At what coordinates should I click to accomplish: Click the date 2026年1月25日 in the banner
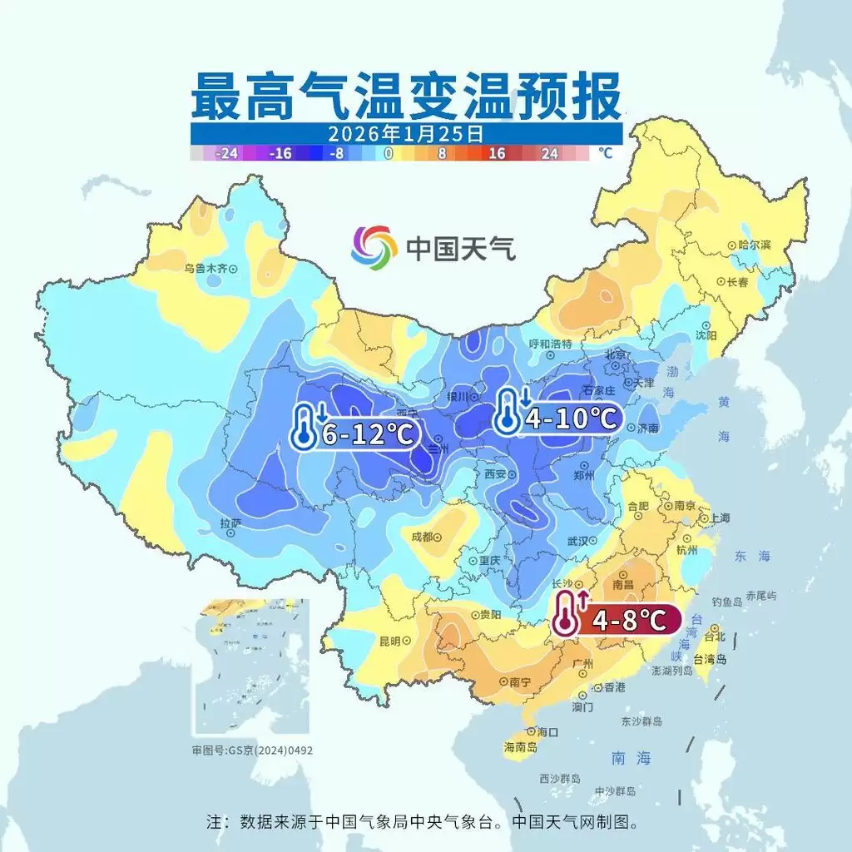point(405,133)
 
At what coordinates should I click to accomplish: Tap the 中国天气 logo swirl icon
point(374,247)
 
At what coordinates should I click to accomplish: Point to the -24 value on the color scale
point(227,154)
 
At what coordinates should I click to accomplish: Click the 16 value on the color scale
point(498,154)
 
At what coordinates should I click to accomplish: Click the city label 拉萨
point(230,523)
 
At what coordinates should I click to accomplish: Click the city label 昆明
point(390,641)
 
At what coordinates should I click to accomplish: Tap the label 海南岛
point(520,747)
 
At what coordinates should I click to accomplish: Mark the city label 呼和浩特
point(551,344)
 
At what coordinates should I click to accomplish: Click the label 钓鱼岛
point(728,602)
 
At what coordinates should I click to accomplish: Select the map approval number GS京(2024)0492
point(252,750)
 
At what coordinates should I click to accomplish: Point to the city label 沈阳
point(706,334)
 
